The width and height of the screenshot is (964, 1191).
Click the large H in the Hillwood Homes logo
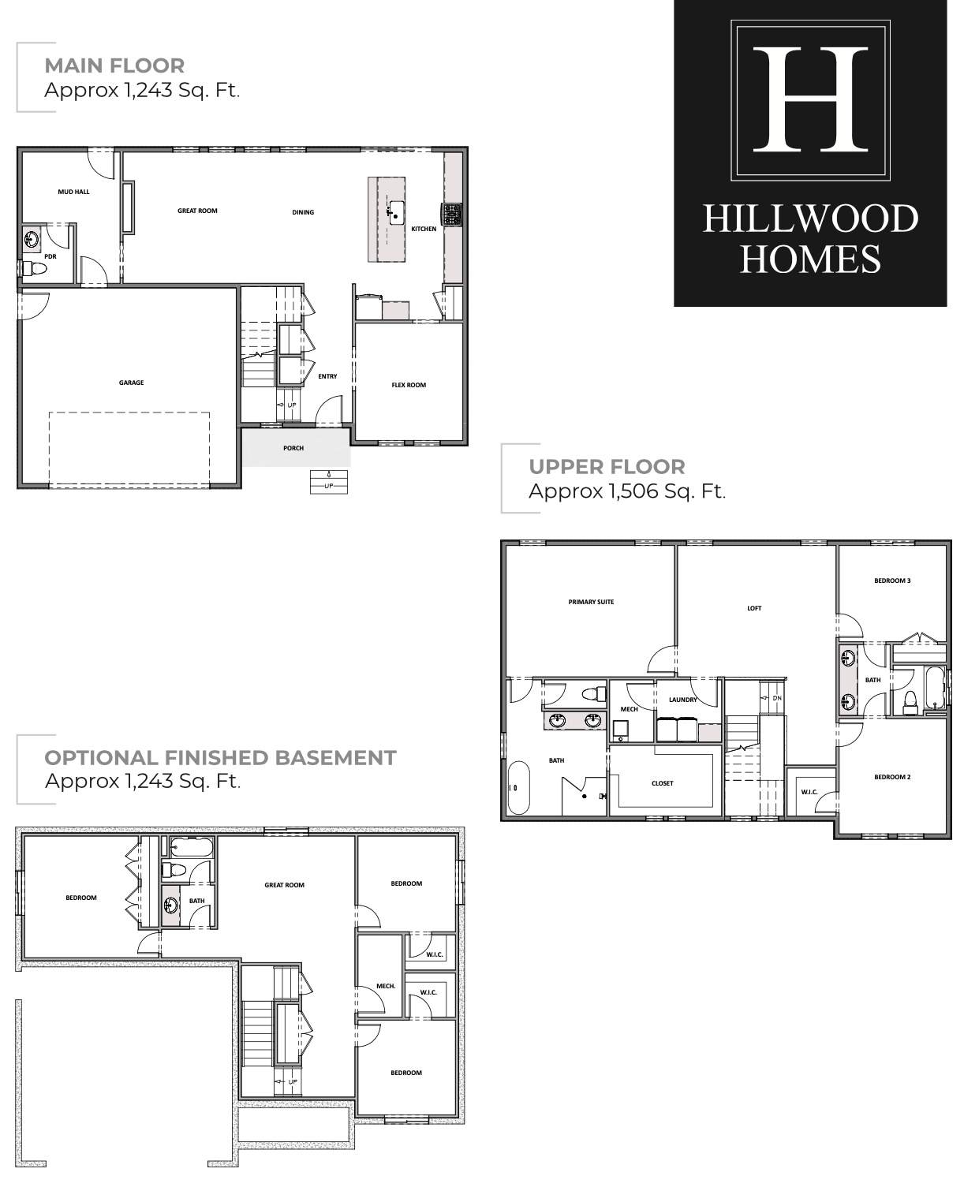coord(810,99)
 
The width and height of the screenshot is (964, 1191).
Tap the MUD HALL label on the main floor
coord(73,192)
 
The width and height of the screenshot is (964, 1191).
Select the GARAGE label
coord(132,383)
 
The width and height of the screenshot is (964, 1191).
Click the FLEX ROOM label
coord(409,385)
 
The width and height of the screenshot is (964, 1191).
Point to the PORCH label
coord(293,448)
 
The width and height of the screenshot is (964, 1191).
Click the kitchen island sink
coord(395,212)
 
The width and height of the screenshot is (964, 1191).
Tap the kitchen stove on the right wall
coord(452,215)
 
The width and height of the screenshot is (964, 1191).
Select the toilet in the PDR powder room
coord(35,269)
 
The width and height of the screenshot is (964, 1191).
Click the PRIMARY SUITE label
coord(591,602)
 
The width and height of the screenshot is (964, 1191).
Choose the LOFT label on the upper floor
coord(754,608)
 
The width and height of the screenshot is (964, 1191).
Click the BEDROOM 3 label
coord(892,581)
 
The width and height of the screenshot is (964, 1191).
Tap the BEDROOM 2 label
coord(892,777)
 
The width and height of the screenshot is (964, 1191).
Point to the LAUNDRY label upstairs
coord(682,700)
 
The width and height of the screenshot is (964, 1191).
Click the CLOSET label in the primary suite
coord(663,782)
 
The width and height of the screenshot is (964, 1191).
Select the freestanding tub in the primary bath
coord(519,787)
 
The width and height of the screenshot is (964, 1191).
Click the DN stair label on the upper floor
coord(777,698)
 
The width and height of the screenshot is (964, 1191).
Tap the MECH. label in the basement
coord(386,986)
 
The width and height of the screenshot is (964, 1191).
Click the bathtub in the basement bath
coord(191,847)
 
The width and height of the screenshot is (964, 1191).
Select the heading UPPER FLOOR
coord(607,466)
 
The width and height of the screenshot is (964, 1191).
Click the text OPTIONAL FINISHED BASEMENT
coord(220,758)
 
